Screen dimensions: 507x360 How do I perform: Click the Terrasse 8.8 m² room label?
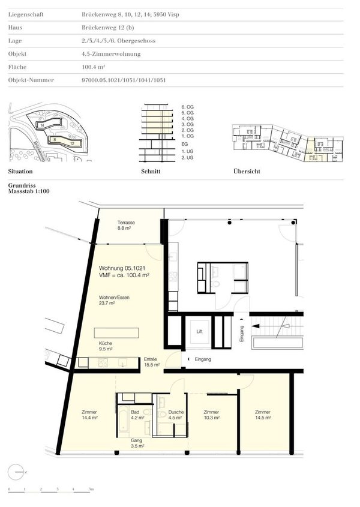click(x=126, y=225)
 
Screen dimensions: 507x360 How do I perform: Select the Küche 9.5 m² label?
click(x=107, y=346)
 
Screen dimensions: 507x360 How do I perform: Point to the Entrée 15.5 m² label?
click(x=151, y=362)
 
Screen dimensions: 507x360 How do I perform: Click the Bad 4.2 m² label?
click(x=136, y=415)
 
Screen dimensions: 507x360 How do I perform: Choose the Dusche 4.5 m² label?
click(x=176, y=415)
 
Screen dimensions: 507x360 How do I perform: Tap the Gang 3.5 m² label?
click(x=137, y=443)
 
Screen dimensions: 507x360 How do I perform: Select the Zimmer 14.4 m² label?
click(x=89, y=415)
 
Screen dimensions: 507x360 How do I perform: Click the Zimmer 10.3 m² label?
click(x=211, y=415)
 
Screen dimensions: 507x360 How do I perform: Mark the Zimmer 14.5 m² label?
click(x=262, y=415)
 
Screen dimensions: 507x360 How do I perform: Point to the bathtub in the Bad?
click(x=121, y=421)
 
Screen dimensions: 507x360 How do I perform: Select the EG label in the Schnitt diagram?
click(x=184, y=143)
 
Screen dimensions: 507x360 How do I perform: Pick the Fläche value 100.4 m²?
click(x=94, y=67)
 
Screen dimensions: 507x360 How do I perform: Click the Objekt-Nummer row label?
click(x=31, y=80)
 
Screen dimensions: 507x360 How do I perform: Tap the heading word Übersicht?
click(x=247, y=172)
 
